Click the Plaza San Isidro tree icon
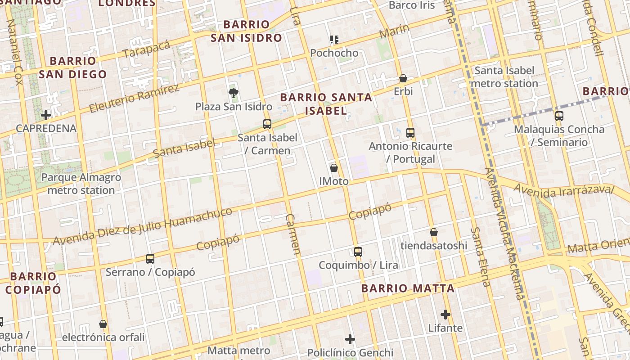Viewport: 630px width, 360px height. [x=233, y=93]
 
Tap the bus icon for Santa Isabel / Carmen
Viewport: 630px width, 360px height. [x=267, y=124]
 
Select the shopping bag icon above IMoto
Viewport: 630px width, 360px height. [x=334, y=168]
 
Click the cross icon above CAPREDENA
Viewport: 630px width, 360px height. [x=46, y=115]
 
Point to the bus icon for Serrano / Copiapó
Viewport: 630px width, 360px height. [x=150, y=259]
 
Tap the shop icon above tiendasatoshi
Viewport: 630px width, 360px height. [x=434, y=232]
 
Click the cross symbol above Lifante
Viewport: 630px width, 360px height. [x=445, y=314]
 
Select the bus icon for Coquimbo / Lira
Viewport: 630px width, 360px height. [x=358, y=252]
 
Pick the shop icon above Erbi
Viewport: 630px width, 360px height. [x=403, y=78]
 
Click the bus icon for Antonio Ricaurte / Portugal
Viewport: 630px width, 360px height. [x=410, y=132]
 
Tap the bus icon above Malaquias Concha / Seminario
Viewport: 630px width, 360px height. [x=559, y=116]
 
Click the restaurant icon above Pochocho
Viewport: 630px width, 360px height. [x=334, y=40]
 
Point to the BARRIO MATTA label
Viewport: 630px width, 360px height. [x=408, y=288]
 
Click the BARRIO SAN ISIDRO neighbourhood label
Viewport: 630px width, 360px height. [x=246, y=31]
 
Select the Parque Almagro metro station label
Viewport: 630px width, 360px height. [x=81, y=184]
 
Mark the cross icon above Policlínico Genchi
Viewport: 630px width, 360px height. [x=350, y=339]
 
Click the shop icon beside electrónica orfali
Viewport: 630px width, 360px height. [x=103, y=324]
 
